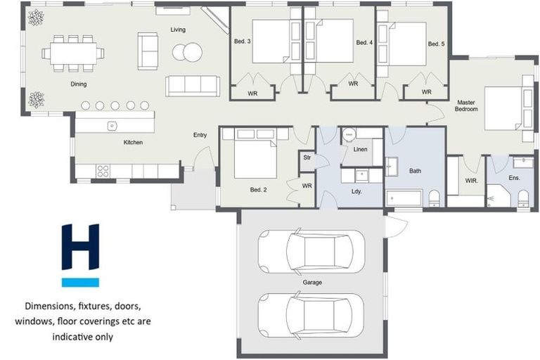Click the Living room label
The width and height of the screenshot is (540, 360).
(177, 30)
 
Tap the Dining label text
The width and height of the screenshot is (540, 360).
(79, 84)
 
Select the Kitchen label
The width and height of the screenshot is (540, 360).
(133, 143)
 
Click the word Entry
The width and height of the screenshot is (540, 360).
(200, 135)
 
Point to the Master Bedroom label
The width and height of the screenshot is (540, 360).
(466, 105)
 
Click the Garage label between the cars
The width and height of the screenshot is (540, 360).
(312, 282)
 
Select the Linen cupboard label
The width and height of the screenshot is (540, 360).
(360, 150)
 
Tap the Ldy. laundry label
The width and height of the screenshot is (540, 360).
(356, 192)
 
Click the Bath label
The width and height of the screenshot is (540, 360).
(415, 171)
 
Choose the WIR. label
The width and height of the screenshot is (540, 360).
(471, 181)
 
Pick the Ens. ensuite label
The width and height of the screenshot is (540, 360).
(514, 178)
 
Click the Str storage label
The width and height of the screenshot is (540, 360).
(307, 158)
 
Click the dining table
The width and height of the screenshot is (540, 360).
(72, 53)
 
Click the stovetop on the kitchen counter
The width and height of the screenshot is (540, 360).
(103, 171)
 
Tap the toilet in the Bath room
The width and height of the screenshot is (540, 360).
(434, 198)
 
